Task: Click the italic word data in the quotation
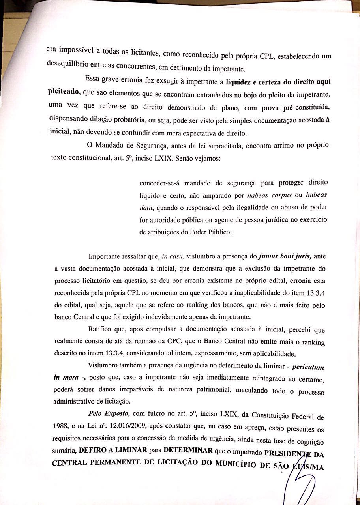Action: tap(146, 207)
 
